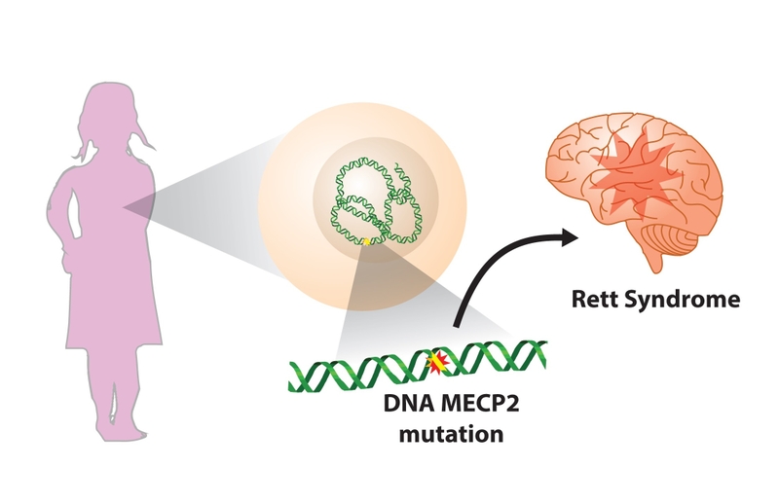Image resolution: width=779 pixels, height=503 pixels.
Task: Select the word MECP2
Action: [x=477, y=402]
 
